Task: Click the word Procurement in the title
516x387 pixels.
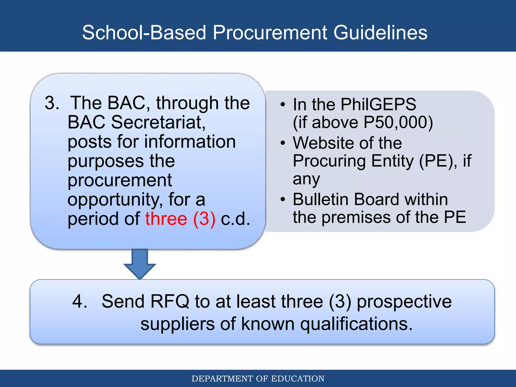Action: [x=270, y=33]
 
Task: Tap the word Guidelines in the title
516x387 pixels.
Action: [x=380, y=33]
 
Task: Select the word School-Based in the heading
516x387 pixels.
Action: [x=144, y=33]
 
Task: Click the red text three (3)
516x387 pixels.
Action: [x=180, y=219]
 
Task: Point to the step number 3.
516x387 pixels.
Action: [x=52, y=103]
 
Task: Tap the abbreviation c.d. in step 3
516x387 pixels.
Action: [x=235, y=219]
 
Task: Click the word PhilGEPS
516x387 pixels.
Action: [x=378, y=104]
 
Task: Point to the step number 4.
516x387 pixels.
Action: [x=80, y=301]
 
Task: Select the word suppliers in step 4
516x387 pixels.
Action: [x=177, y=324]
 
